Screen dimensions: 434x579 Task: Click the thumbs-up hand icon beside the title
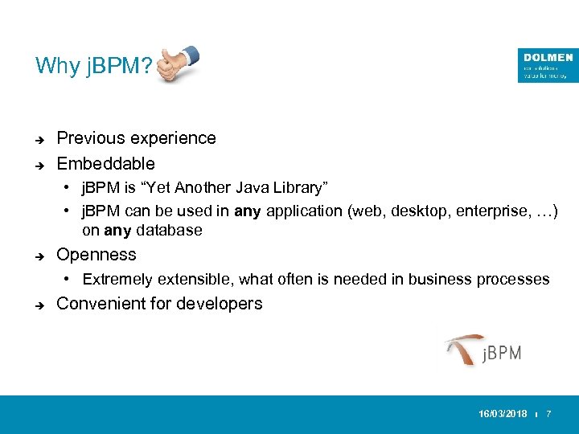click(178, 63)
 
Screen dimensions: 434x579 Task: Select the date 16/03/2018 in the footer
click(503, 413)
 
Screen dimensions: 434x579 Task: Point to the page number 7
click(548, 413)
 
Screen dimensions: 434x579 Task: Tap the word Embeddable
click(105, 164)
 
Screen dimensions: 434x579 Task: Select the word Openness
click(96, 255)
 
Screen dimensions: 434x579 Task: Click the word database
click(170, 231)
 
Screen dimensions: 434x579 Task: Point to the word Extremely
click(117, 280)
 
